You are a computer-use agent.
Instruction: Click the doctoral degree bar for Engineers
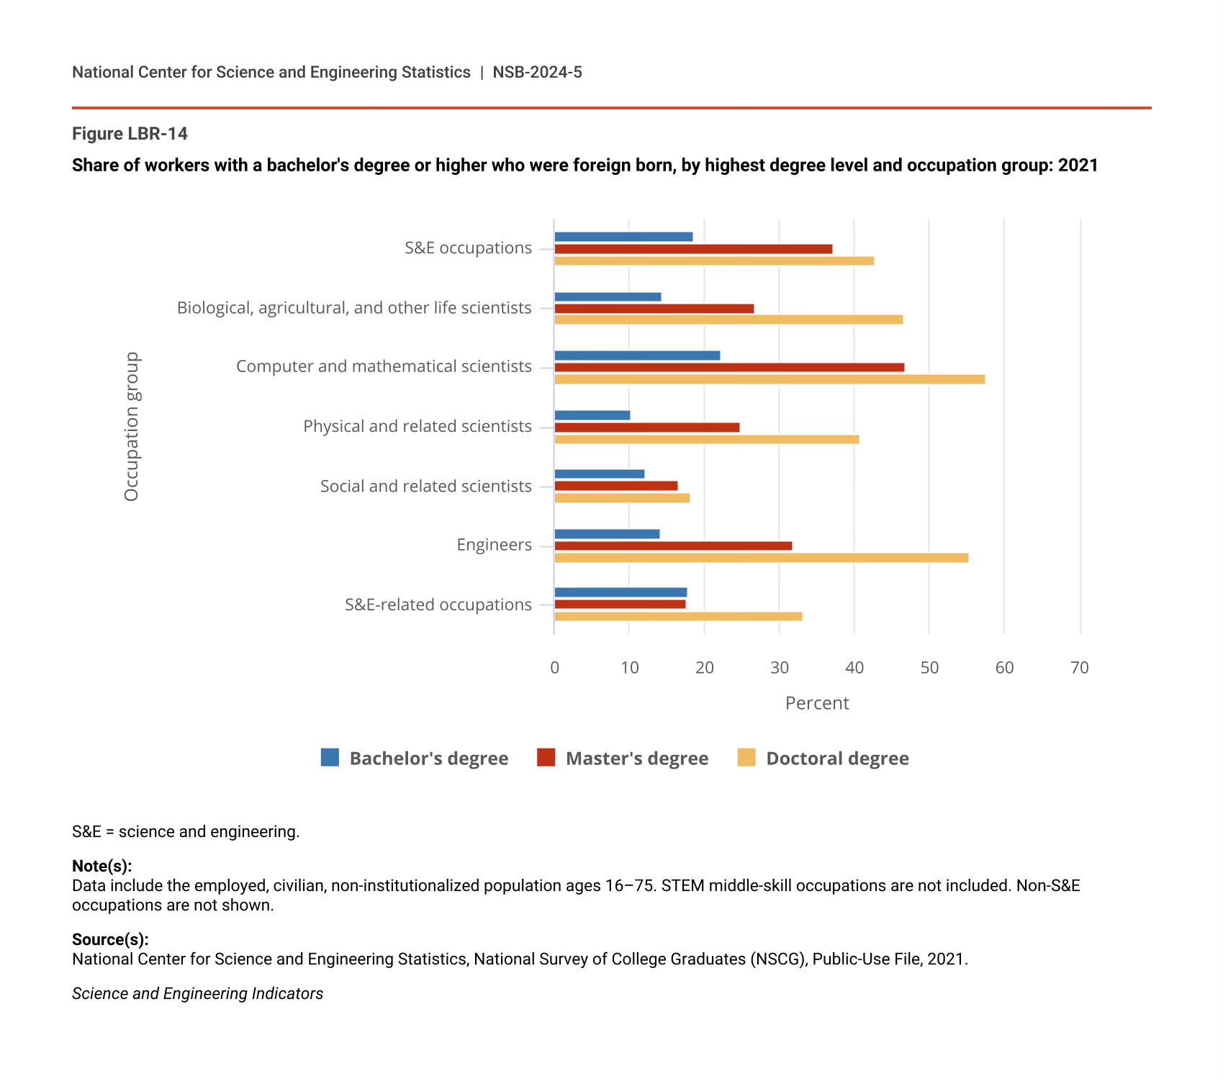[x=761, y=558]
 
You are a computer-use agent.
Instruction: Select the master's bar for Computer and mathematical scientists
[x=729, y=368]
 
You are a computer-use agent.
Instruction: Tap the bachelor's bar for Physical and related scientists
[x=592, y=415]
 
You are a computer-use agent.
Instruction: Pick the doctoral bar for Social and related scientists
[x=622, y=498]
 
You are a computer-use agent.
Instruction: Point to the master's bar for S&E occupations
[x=693, y=249]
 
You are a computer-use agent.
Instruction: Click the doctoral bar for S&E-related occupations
[x=678, y=617]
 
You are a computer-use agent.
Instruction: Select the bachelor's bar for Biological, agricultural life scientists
[x=608, y=297]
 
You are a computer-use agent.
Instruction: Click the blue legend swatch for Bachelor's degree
[x=330, y=758]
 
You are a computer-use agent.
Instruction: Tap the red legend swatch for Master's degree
[x=546, y=758]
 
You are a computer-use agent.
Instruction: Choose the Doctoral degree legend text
[x=837, y=759]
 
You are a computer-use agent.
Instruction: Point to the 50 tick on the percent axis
[x=929, y=668]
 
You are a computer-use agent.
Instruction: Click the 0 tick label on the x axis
[x=554, y=668]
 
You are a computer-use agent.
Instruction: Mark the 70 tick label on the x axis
[x=1079, y=668]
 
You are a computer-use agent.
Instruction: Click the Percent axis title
[x=817, y=703]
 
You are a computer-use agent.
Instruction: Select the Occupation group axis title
[x=132, y=426]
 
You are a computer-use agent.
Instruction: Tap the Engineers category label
[x=495, y=545]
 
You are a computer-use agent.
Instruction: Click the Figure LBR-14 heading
[x=130, y=134]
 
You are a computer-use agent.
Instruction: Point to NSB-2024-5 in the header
[x=537, y=72]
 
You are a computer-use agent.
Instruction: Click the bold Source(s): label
[x=110, y=939]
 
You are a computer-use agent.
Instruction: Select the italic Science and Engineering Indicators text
[x=197, y=994]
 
